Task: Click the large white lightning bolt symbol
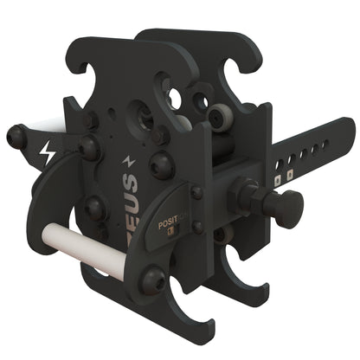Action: point(46,156)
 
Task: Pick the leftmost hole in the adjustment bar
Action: point(278,162)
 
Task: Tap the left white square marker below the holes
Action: point(278,182)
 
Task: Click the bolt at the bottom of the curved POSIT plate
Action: point(152,280)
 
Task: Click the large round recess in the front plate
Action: point(139,116)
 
